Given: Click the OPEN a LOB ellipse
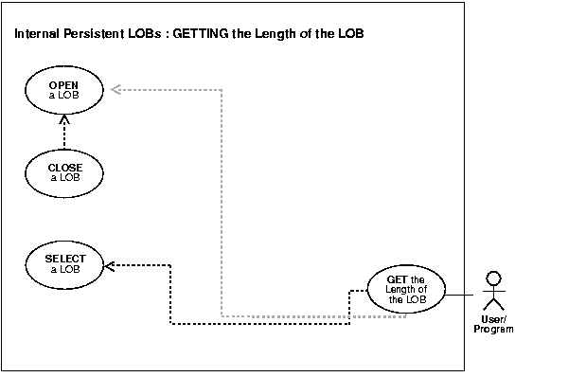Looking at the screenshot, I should point(64,89).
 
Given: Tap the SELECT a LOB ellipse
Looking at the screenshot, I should point(64,263).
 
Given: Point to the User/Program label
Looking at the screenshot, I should point(492,325).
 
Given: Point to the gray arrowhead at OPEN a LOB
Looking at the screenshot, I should point(114,89).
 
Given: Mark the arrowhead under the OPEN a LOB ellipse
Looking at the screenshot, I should point(64,119).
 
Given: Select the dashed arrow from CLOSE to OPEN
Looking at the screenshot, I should point(64,134).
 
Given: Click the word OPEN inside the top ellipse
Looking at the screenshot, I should point(64,84).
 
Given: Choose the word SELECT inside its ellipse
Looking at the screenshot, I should point(64,259).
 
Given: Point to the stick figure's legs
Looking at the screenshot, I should point(492,304).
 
